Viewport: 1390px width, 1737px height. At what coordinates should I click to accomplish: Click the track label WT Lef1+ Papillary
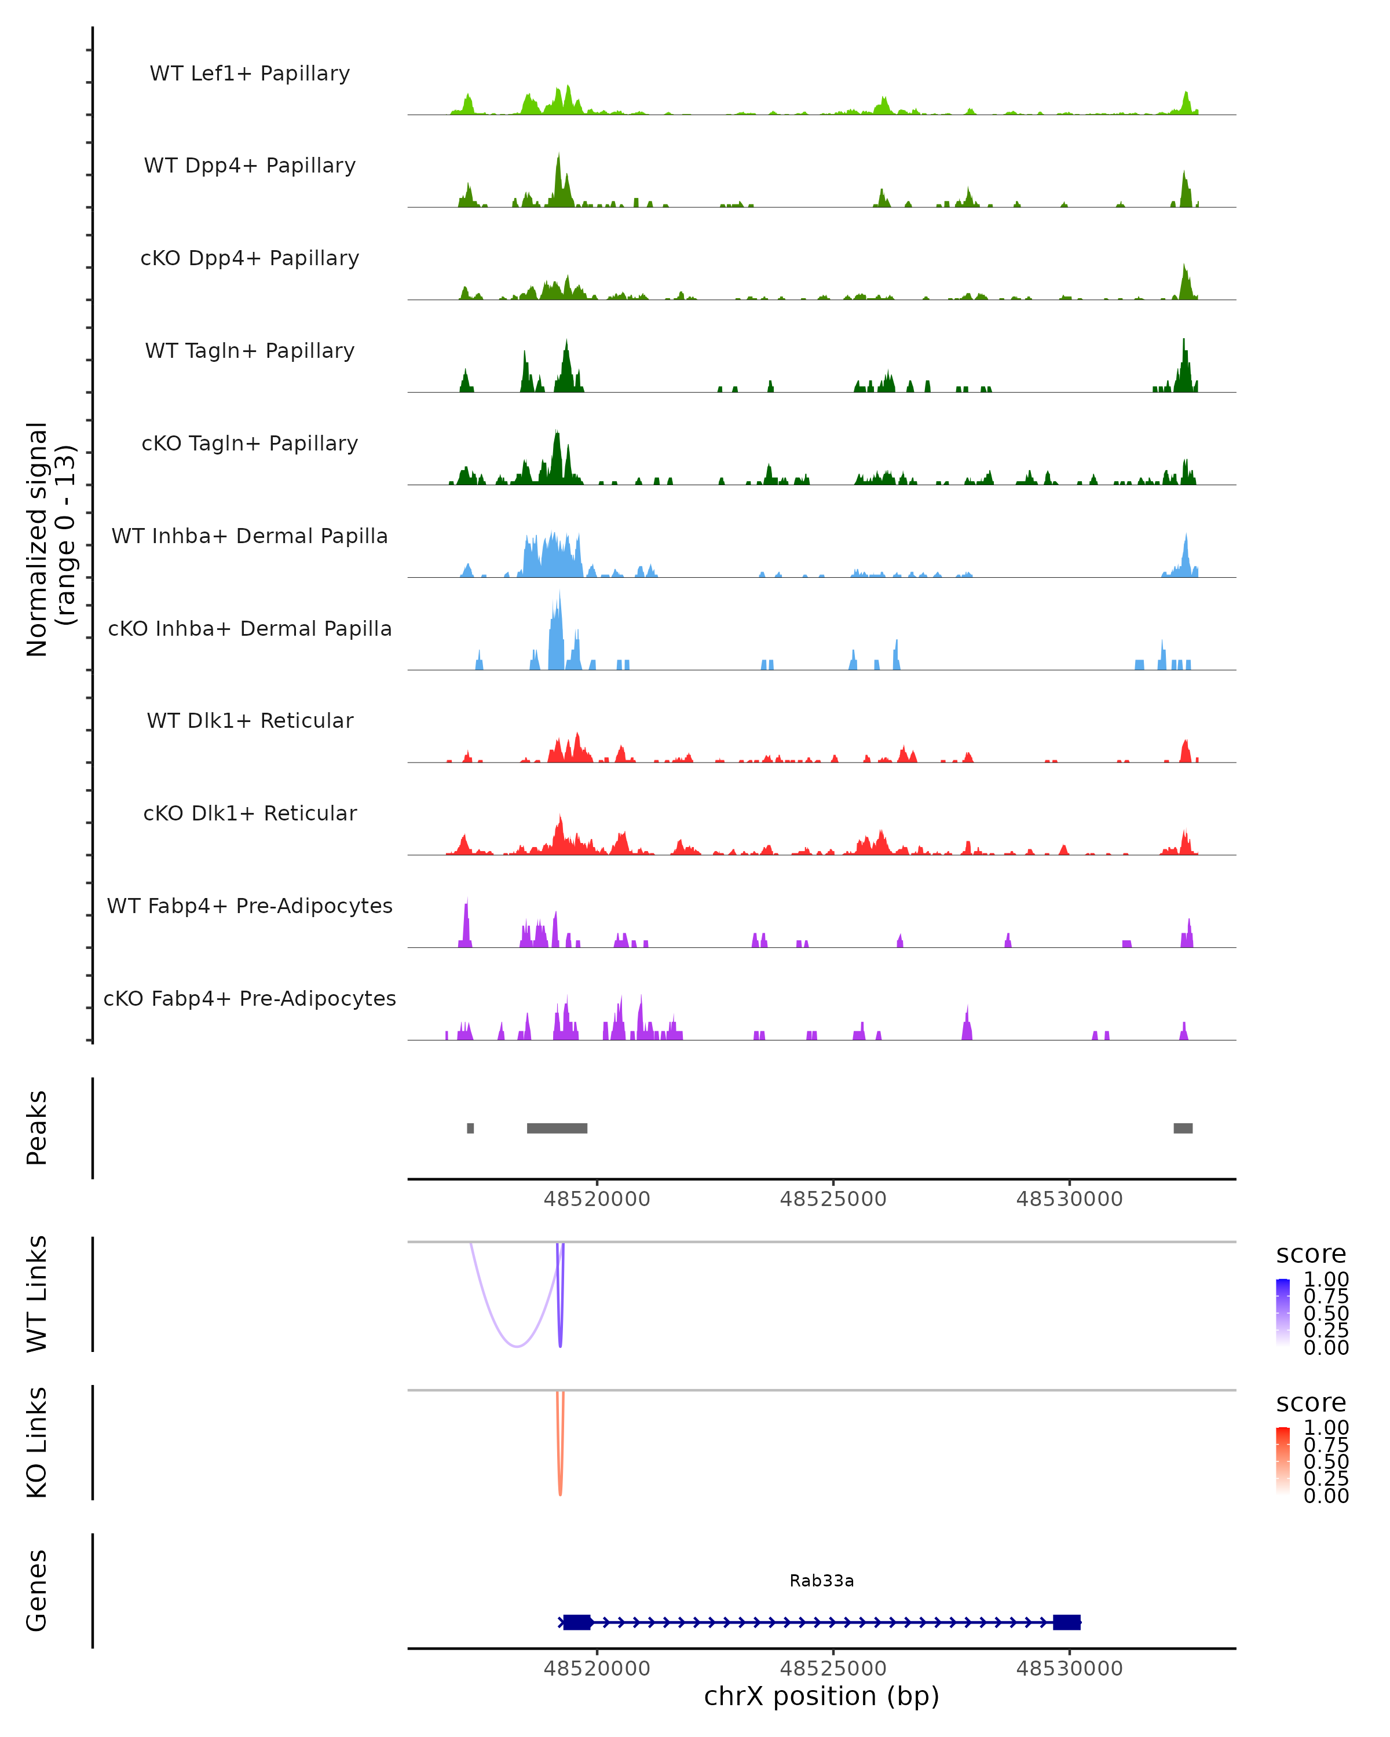[250, 74]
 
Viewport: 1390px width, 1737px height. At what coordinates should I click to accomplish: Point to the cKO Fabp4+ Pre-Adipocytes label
[250, 998]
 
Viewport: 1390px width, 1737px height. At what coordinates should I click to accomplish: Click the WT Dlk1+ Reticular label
[250, 720]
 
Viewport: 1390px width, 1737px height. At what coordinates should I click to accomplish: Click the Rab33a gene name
[821, 1581]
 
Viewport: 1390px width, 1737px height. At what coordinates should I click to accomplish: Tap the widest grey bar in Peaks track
[557, 1128]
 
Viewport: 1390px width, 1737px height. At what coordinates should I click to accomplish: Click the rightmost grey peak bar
[1182, 1128]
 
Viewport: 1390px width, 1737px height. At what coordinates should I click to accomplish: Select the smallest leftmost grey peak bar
[471, 1128]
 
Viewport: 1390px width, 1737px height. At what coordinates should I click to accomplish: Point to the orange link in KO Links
[560, 1482]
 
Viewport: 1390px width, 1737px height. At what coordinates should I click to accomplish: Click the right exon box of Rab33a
[1066, 1622]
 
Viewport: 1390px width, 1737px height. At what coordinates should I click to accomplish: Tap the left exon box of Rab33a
[577, 1622]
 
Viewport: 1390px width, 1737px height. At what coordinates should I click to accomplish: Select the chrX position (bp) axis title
[821, 1696]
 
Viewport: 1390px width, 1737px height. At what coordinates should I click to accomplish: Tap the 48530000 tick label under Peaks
[1069, 1199]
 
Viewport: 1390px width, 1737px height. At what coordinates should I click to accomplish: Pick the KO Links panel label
[37, 1443]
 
